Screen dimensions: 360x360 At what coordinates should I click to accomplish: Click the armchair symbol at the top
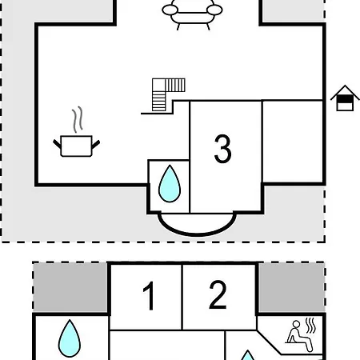(192, 14)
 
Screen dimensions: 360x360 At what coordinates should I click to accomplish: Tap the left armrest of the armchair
(170, 10)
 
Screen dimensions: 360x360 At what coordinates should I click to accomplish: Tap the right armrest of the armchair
(214, 10)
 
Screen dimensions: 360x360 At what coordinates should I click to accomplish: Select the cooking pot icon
(76, 146)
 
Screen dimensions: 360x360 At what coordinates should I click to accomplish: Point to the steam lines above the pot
(78, 119)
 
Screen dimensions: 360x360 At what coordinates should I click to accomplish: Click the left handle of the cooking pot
(57, 144)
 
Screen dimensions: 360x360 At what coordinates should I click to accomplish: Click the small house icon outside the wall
(345, 98)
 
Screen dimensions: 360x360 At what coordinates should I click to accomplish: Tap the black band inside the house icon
(345, 99)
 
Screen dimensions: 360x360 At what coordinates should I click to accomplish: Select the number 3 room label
(222, 149)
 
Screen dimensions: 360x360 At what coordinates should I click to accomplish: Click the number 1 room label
(149, 295)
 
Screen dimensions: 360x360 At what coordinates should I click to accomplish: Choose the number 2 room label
(218, 295)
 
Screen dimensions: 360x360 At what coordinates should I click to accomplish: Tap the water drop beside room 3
(170, 183)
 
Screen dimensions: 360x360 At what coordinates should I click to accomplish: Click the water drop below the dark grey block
(70, 338)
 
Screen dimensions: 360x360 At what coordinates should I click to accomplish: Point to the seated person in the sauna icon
(298, 336)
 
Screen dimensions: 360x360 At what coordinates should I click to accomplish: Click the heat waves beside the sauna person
(310, 326)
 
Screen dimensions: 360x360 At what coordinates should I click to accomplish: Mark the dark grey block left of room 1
(70, 287)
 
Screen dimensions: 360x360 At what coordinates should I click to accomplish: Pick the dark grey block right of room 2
(292, 287)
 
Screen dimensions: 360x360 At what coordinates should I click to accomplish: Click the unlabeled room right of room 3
(293, 142)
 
